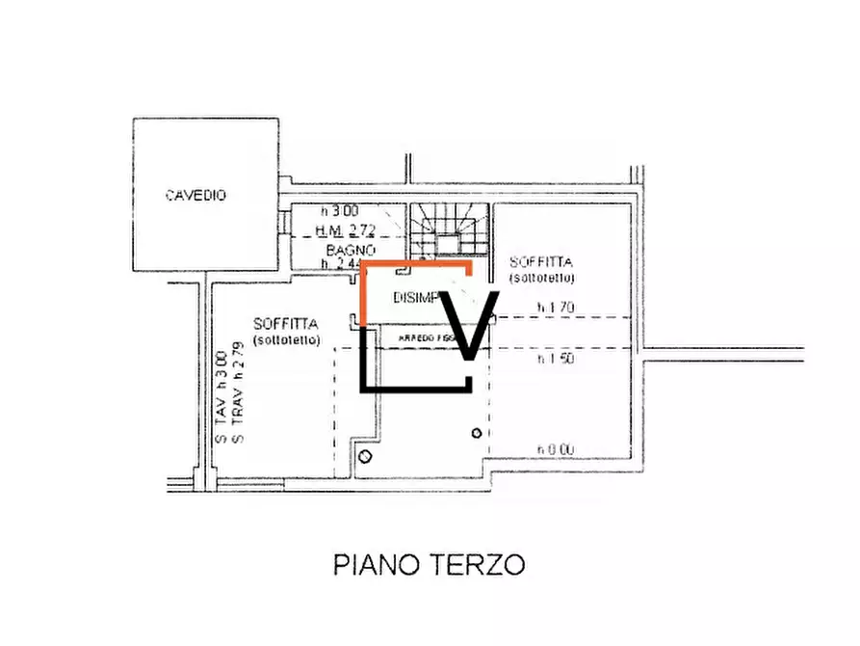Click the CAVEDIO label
pos(195,196)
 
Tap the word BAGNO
pos(342,248)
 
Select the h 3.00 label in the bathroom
pos(339,211)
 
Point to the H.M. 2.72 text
pos(346,229)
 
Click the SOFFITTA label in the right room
pos(542,262)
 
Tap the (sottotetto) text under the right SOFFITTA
pos(543,278)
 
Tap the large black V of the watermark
pos(468,327)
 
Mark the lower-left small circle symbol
pos(364,456)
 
